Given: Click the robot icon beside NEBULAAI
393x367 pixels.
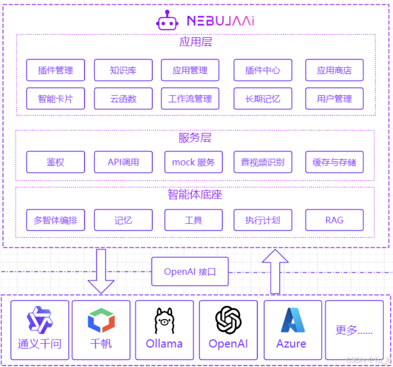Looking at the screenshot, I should click(x=167, y=20).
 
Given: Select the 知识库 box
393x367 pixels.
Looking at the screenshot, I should click(x=123, y=70).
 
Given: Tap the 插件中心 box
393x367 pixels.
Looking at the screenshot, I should click(x=263, y=70).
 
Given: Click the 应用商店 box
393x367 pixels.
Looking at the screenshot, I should click(x=334, y=70).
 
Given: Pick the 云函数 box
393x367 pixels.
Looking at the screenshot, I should click(x=123, y=99).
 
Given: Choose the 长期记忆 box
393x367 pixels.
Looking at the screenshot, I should click(x=263, y=99).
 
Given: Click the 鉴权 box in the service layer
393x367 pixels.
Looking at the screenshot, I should click(x=55, y=162).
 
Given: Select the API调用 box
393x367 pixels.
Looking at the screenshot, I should click(x=123, y=162).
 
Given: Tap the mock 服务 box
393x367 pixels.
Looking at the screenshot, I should click(x=193, y=162).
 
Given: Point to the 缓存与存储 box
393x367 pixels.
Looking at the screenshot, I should click(x=334, y=162).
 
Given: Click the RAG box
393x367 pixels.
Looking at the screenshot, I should click(x=334, y=220).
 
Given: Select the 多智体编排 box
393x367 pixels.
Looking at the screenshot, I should click(x=55, y=220).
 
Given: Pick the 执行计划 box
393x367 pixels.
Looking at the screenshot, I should click(x=263, y=220).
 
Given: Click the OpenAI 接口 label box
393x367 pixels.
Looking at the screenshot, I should click(x=190, y=272).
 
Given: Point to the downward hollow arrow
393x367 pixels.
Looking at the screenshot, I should click(x=101, y=271).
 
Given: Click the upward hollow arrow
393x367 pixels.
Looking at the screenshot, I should click(x=275, y=271).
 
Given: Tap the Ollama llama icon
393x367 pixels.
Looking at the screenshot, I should click(x=164, y=320).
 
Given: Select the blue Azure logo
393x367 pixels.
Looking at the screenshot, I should click(x=292, y=320).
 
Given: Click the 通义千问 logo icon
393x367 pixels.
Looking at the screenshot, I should click(x=39, y=319).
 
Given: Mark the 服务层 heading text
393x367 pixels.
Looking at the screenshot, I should click(x=195, y=138).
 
